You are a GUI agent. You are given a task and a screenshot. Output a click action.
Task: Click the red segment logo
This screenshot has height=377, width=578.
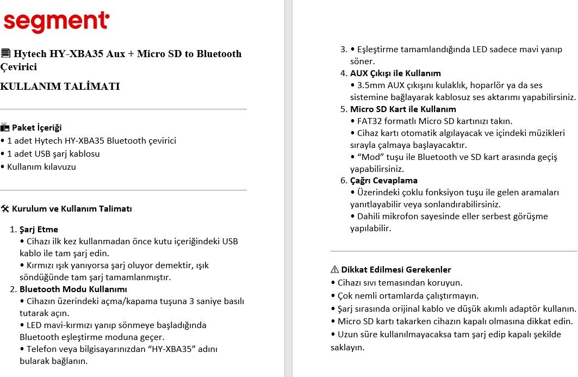click(56, 21)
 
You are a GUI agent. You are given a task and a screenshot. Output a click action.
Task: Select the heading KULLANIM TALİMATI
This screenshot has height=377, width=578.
click(60, 86)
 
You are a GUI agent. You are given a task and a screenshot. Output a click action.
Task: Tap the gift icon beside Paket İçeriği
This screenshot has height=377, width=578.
click(5, 128)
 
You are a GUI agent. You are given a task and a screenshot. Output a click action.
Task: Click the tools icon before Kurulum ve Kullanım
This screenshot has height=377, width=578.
click(5, 208)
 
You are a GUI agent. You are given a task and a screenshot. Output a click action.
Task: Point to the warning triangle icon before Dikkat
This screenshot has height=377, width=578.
click(335, 270)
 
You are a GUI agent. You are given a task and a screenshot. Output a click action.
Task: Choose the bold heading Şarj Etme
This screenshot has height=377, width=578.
click(39, 230)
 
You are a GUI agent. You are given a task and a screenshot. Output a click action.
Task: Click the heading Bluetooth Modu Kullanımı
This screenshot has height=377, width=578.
click(73, 289)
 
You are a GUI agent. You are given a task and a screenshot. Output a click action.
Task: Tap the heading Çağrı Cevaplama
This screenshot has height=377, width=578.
click(384, 181)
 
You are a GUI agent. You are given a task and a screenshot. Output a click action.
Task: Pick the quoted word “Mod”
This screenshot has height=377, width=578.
click(368, 157)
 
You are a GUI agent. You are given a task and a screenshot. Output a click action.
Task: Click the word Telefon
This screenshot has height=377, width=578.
click(43, 349)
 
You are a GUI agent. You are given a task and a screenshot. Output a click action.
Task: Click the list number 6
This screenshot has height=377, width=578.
click(344, 181)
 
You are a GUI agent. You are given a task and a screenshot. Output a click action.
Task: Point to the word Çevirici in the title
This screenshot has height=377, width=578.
click(18, 67)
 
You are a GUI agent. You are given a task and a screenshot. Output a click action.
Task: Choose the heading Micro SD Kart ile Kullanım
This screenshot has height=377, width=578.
click(403, 109)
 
